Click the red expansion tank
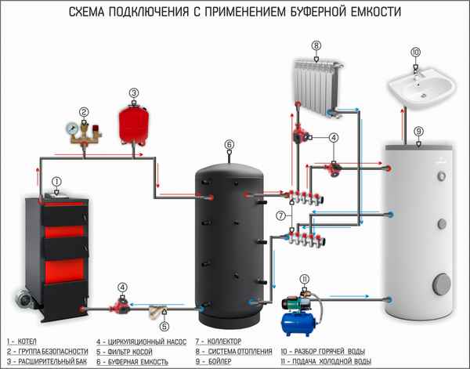point(134,124)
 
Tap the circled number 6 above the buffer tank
point(229,144)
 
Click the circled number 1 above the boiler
point(56,181)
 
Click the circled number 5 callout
point(164,326)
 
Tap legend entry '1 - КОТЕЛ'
point(23,342)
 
